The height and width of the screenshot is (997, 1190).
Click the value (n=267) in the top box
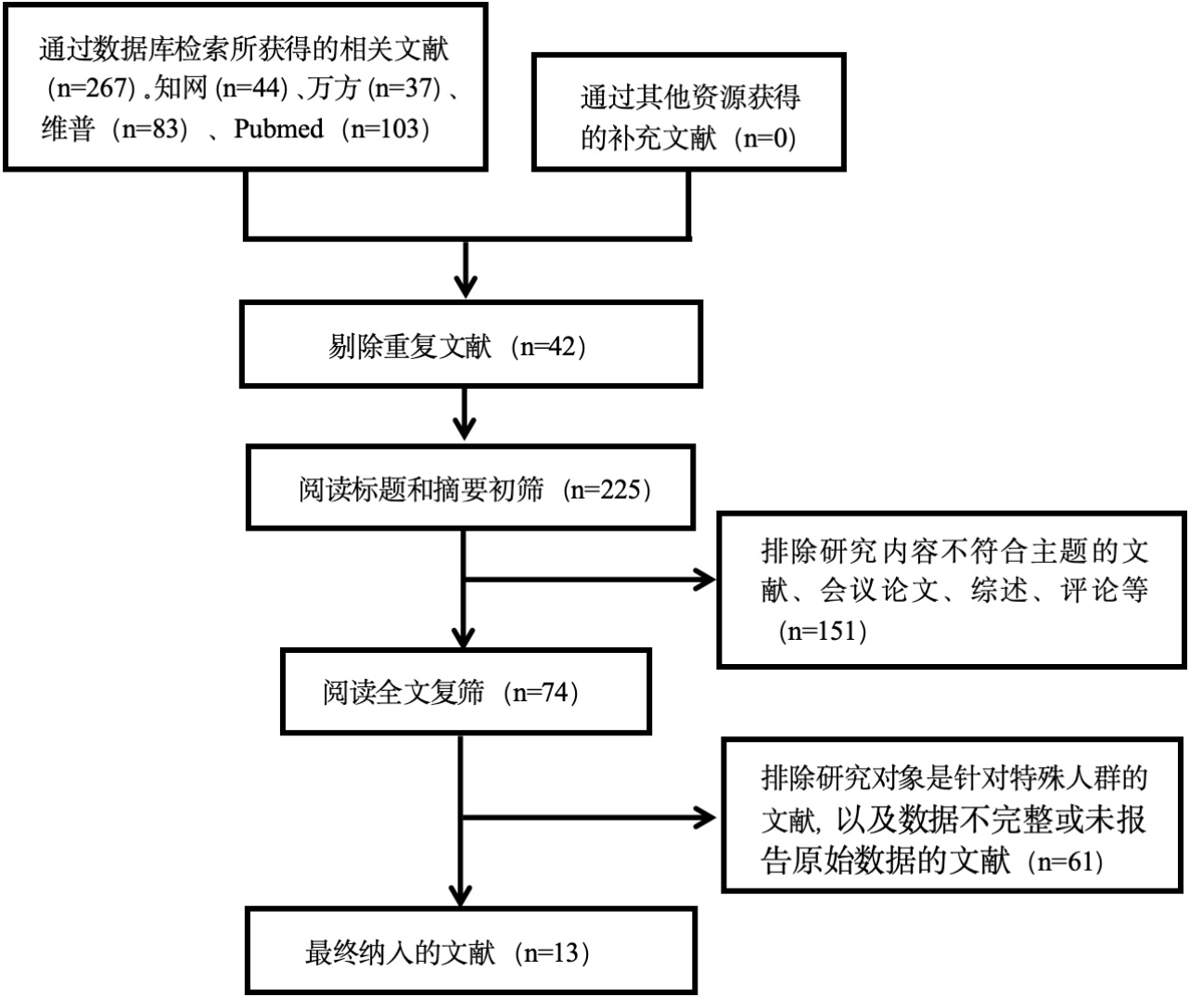point(91,89)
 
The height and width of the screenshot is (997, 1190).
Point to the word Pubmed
point(278,128)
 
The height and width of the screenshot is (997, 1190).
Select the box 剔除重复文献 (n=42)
point(471,344)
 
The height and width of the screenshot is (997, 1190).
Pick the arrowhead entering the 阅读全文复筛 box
point(463,638)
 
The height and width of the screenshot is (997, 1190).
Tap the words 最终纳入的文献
point(400,952)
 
